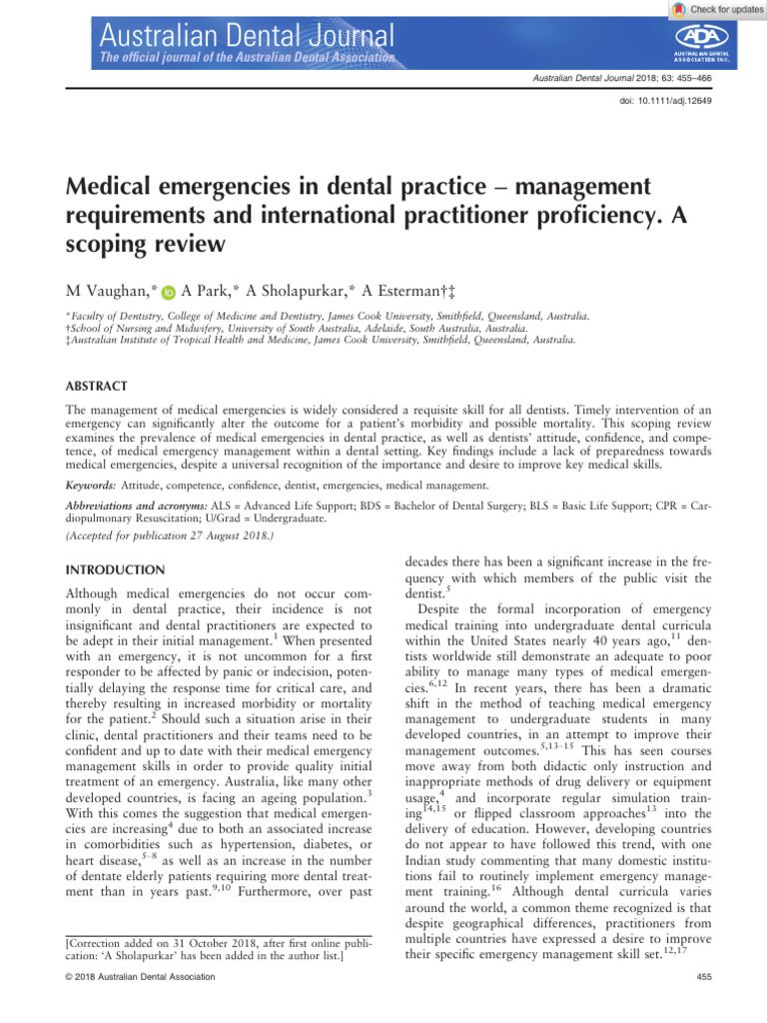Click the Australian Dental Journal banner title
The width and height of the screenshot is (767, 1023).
(246, 39)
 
